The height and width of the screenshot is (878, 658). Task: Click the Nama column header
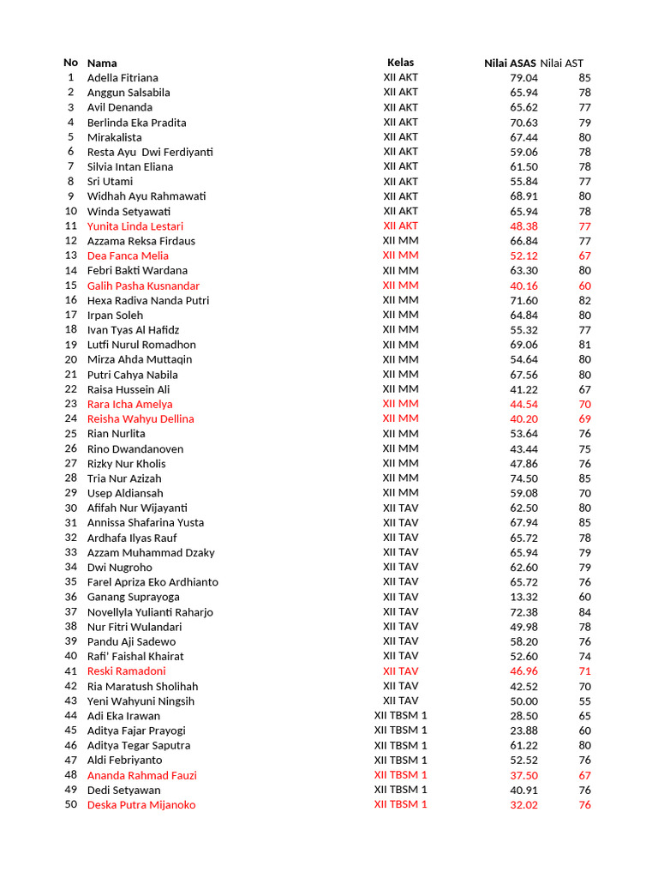(102, 63)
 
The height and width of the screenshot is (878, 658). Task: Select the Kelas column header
(400, 63)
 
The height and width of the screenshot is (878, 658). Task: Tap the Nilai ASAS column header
(510, 63)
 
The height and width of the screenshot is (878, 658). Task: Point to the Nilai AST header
(562, 63)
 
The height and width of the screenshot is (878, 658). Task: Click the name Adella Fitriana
(123, 77)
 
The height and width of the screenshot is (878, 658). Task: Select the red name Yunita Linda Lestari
(135, 226)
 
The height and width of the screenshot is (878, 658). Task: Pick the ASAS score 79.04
(523, 77)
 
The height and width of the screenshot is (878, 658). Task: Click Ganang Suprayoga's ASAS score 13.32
(523, 597)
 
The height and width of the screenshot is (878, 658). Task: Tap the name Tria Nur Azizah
(124, 478)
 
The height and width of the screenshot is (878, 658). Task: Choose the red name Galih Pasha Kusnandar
(143, 286)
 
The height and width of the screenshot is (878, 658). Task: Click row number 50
(71, 804)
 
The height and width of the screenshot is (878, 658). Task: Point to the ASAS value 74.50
(523, 478)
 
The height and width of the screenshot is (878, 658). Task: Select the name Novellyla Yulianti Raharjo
(150, 612)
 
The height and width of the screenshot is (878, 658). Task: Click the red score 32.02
(523, 804)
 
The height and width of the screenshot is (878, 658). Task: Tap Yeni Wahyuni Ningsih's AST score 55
(584, 701)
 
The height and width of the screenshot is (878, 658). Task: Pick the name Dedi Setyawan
(123, 790)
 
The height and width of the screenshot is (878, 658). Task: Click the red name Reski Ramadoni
(127, 671)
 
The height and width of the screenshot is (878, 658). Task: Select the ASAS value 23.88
(523, 731)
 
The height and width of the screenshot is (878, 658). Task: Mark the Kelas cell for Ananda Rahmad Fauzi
(400, 775)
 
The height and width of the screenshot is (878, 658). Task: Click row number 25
(71, 434)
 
